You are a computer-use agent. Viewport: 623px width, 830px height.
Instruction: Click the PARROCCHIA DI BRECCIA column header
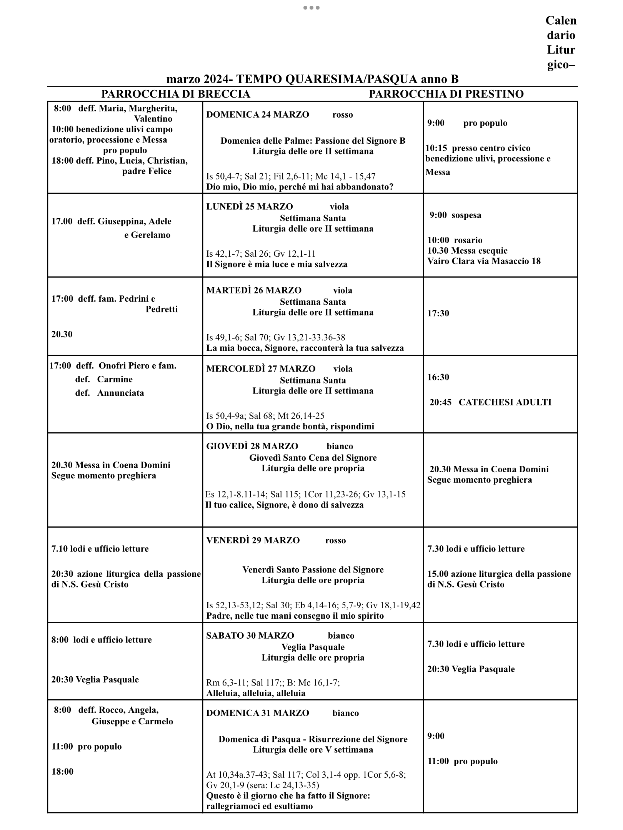[175, 94]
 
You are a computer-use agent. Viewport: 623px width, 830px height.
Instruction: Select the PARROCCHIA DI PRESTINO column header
[446, 94]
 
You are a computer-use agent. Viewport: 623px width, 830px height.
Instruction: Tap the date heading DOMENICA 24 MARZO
[258, 115]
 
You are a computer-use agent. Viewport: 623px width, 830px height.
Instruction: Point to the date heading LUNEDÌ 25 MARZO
[250, 207]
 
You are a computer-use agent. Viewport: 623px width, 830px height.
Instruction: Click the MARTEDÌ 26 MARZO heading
[254, 290]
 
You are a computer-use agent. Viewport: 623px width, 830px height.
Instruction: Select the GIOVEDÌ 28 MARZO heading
[252, 446]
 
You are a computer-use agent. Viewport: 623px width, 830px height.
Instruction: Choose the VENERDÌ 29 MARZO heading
[253, 540]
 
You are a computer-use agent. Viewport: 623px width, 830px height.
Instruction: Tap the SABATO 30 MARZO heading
[250, 636]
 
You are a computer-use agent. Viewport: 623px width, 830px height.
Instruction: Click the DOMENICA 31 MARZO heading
[258, 713]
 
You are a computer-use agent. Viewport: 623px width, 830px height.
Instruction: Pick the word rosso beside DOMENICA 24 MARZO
[343, 115]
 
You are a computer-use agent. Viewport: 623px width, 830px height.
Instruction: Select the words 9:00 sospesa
[455, 215]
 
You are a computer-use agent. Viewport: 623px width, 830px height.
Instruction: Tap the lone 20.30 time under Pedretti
[62, 334]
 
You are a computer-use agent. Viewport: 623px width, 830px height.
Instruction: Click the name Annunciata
[120, 393]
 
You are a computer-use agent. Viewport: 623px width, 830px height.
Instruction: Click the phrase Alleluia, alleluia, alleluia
[256, 693]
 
